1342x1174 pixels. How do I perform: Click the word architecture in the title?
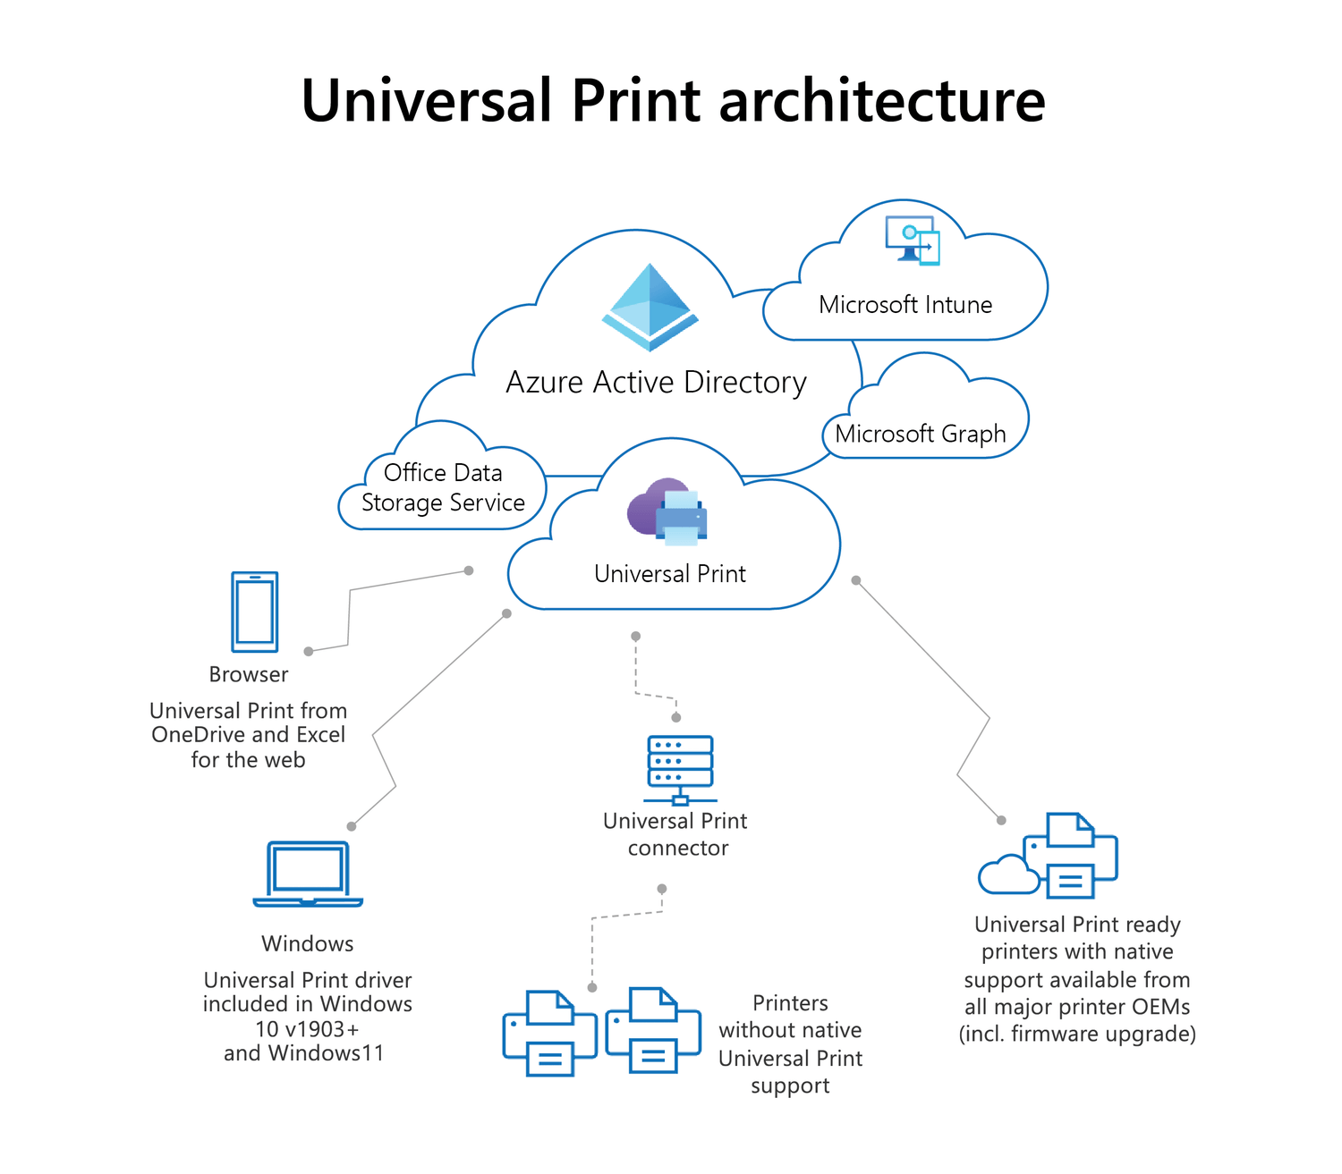coord(881,100)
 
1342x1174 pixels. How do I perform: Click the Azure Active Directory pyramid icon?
coord(650,307)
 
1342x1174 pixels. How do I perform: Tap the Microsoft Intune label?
coord(905,305)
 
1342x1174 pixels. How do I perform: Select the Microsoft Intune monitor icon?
coord(912,240)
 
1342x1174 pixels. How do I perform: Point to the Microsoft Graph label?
coord(920,434)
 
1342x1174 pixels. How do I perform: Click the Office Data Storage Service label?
coord(443,487)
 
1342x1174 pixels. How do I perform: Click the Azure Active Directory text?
coord(656,382)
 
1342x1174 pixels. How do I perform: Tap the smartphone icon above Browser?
coord(255,612)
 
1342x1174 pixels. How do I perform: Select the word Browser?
coord(249,674)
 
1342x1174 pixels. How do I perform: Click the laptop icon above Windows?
coord(308,874)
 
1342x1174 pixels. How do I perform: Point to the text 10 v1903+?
coord(307,1029)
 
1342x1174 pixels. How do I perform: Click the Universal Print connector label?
coord(676,834)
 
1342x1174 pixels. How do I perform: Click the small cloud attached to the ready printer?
coord(1007,875)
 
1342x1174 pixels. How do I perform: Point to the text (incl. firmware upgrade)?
coord(1077,1035)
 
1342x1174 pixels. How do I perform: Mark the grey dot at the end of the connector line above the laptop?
coord(352,826)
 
